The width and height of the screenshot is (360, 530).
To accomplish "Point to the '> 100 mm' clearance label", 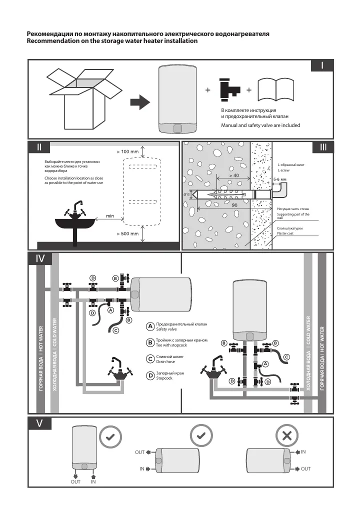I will tap(127, 151).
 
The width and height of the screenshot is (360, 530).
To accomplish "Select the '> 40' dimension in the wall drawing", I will tap(234, 176).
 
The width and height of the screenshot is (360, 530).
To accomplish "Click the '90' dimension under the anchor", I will tap(233, 204).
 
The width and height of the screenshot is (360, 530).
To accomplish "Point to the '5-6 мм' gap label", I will tap(280, 178).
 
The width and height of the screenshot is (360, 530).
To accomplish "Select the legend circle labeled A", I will tap(149, 326).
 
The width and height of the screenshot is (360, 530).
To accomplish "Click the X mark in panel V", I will tap(287, 435).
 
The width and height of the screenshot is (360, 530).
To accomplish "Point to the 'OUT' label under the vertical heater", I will tap(75, 482).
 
